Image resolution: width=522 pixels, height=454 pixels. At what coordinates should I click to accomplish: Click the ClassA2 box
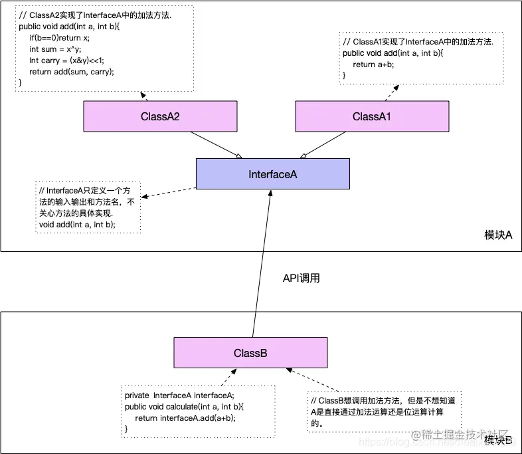160,116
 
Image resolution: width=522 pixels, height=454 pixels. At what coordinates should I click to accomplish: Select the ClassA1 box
371,116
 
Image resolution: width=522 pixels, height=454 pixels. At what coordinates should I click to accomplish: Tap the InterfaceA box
272,174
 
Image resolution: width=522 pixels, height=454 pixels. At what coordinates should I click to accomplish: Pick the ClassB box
250,353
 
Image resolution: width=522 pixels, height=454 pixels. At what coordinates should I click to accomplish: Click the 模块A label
498,235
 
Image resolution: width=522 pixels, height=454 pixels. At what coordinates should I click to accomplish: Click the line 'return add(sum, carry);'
72,72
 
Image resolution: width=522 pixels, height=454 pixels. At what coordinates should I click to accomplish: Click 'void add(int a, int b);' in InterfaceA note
77,225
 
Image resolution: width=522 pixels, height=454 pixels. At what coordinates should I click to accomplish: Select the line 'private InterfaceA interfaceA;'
179,396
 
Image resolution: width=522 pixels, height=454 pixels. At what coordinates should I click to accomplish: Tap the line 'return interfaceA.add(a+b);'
185,418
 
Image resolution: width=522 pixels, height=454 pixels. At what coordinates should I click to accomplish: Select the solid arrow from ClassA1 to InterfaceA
324,144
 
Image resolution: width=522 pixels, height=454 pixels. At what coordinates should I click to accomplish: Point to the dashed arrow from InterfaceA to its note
169,193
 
